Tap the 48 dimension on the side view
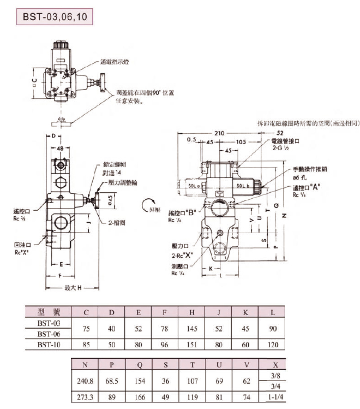tap(60, 148)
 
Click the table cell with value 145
tap(192, 329)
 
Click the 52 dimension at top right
tap(280, 133)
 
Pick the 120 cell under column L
tap(273, 345)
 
